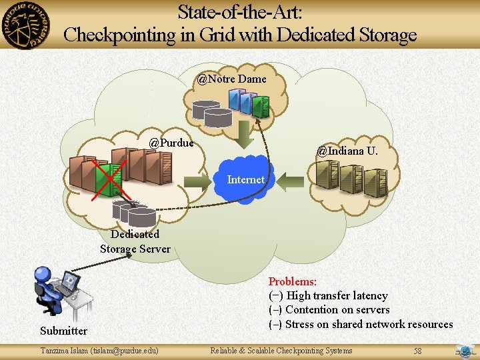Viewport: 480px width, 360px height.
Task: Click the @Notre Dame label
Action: pyautogui.click(x=231, y=79)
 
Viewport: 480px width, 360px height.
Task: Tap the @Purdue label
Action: pyautogui.click(x=171, y=143)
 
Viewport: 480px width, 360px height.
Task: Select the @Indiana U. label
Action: pyautogui.click(x=347, y=151)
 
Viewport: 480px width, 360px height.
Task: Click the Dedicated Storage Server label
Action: pyautogui.click(x=135, y=241)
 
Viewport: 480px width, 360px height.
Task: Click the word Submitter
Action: pyautogui.click(x=63, y=331)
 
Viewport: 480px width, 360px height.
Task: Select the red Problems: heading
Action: pyautogui.click(x=292, y=282)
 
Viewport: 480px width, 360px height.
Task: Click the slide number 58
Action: pyautogui.click(x=417, y=351)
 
